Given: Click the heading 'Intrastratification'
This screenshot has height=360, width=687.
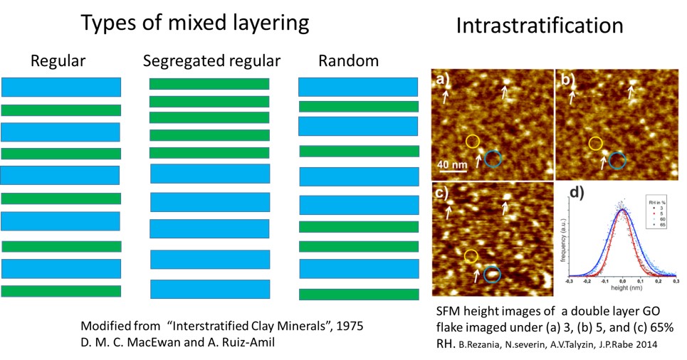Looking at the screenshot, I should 539,26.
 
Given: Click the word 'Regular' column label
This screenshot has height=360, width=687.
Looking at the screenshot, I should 58,61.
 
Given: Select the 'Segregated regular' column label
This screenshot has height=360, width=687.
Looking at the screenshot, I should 211,61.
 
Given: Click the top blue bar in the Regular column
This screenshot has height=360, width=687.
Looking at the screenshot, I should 61,87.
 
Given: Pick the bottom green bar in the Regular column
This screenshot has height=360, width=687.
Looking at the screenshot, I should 61,291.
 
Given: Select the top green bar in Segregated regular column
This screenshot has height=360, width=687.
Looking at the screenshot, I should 209,84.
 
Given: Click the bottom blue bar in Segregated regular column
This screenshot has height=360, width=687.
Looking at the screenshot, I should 210,289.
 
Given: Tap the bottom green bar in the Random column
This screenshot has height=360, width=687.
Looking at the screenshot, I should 358,294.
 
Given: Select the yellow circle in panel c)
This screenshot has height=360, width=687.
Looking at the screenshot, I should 471,256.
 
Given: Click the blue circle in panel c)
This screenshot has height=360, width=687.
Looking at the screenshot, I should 492,273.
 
